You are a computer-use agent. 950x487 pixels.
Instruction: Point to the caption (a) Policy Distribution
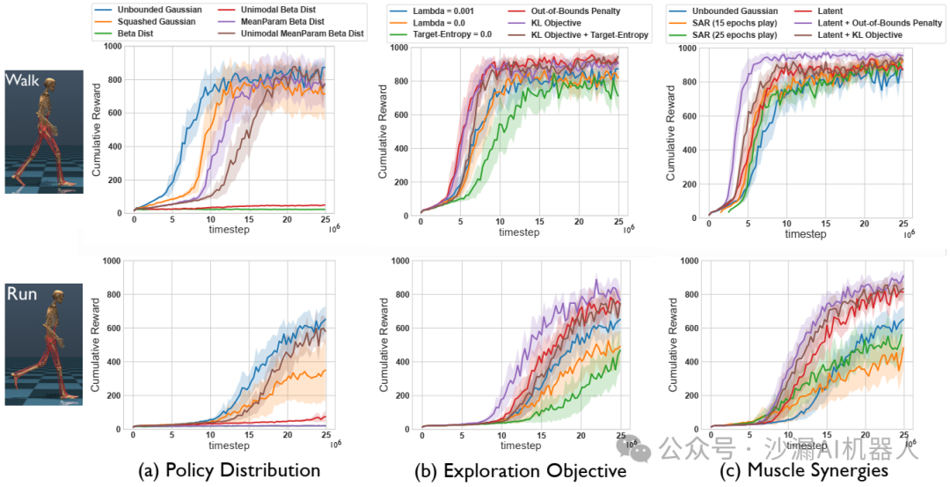click(230, 470)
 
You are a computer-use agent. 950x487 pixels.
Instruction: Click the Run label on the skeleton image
click(22, 293)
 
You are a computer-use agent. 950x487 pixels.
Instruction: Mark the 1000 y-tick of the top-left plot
click(108, 46)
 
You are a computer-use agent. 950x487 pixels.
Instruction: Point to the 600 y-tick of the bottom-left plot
click(112, 328)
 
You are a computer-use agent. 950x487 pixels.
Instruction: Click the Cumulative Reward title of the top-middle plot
click(384, 132)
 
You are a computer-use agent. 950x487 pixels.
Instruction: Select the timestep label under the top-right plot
click(806, 233)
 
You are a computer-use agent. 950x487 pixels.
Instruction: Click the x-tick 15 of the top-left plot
click(249, 219)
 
